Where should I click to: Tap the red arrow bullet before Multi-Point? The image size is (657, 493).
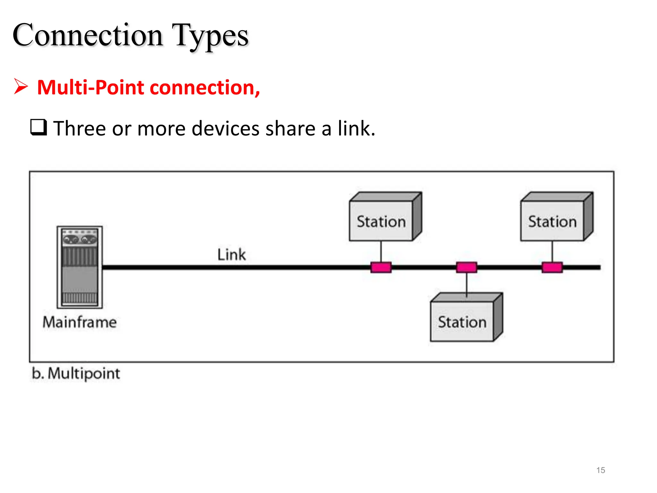coord(21,87)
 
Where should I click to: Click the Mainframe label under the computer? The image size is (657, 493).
coord(80,322)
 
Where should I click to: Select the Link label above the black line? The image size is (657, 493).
coord(231,255)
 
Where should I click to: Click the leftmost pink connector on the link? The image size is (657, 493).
coord(381,267)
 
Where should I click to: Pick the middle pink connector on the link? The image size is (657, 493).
coord(466,267)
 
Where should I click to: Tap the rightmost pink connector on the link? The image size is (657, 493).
coord(552,267)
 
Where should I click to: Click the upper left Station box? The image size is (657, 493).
coord(381,221)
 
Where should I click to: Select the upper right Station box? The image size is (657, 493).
coord(552,221)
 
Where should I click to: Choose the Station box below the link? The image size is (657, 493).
coord(462,322)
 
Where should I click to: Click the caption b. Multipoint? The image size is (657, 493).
coord(76,374)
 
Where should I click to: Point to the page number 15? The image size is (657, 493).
coord(601,470)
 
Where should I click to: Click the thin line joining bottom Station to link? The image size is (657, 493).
coord(466,284)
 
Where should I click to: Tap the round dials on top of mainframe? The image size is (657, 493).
coord(80,239)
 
